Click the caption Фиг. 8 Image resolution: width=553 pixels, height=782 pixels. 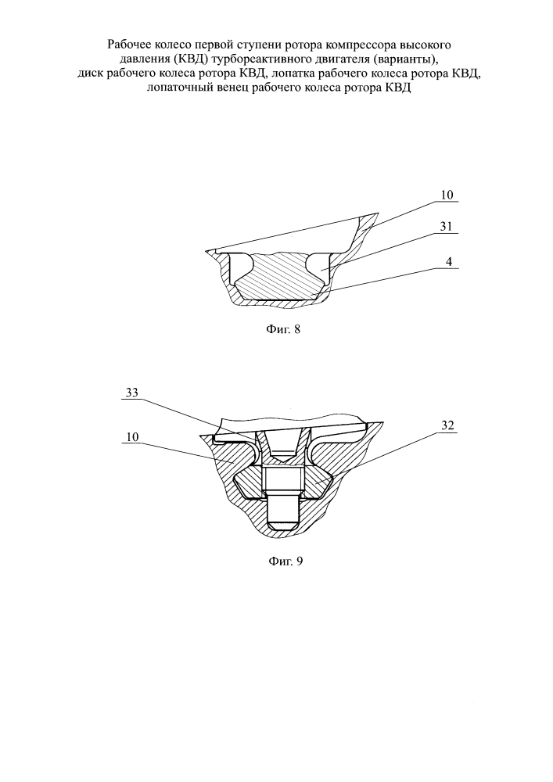point(281,329)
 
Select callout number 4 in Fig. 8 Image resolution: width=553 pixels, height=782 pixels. point(449,261)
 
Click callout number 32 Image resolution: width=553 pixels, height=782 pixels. point(447,425)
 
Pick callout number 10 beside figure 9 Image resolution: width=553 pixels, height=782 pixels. point(132,437)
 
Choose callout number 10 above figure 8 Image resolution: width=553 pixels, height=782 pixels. point(447,195)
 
